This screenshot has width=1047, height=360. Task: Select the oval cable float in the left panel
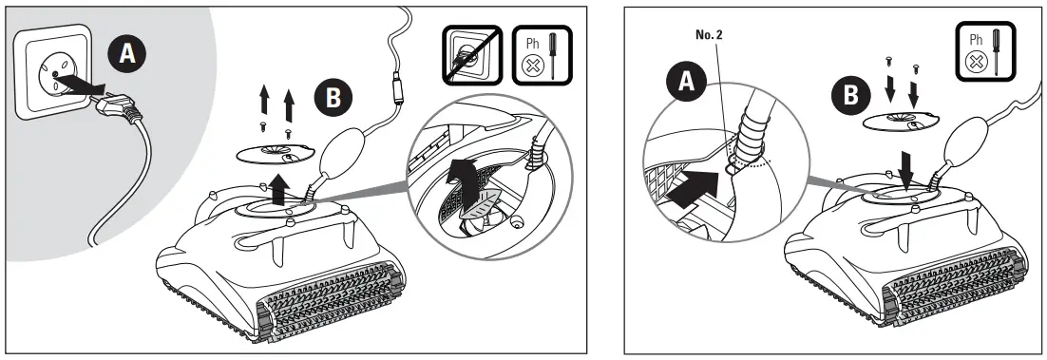click(336, 151)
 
